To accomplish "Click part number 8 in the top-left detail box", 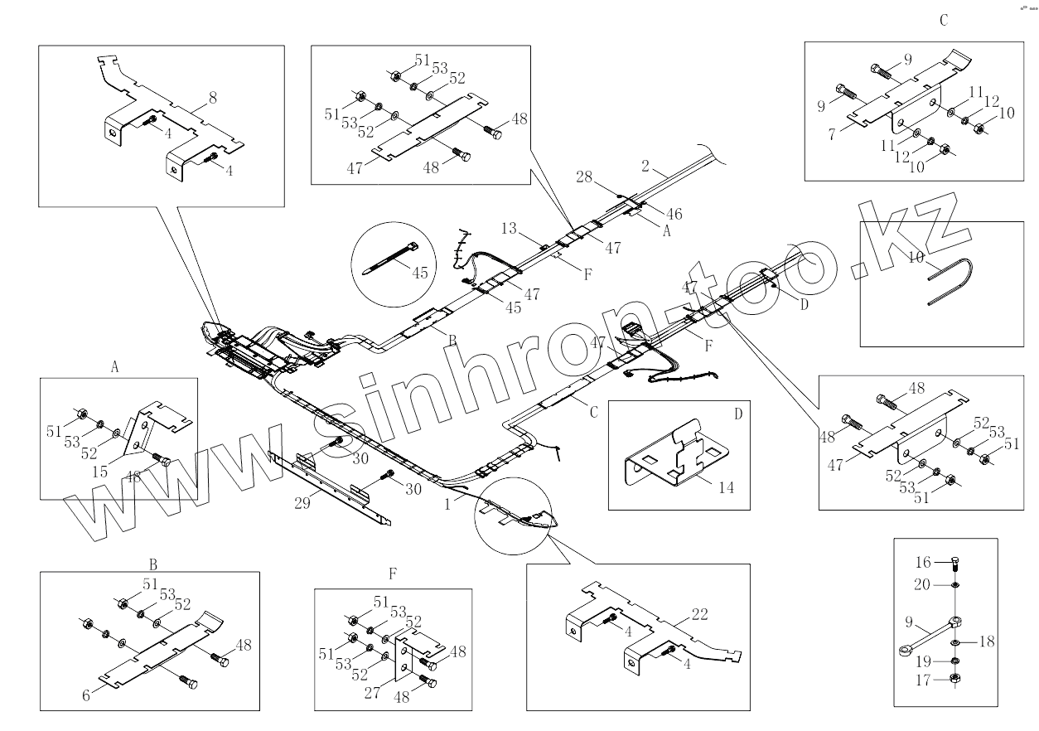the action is click(213, 99).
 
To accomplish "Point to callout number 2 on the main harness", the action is click(645, 166).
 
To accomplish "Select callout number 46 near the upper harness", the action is click(674, 214).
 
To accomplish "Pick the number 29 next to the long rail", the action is click(302, 502).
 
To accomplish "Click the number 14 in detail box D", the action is click(727, 488).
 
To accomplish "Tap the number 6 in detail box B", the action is click(86, 696).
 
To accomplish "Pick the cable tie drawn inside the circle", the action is click(389, 253).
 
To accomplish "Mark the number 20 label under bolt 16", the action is click(923, 584).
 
